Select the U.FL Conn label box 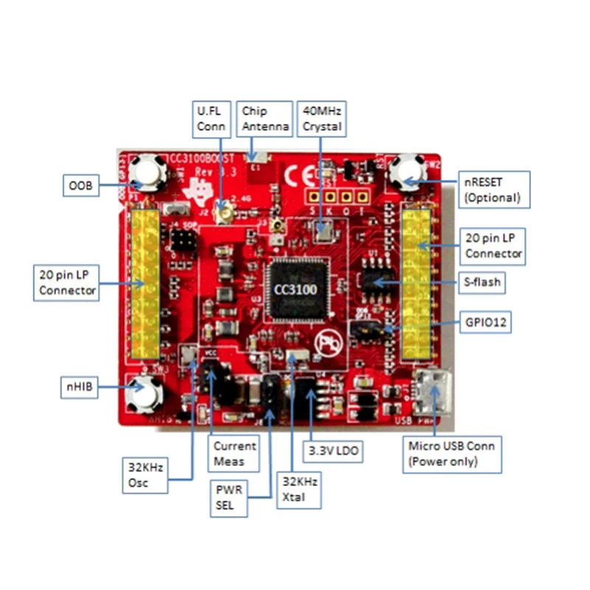click(x=209, y=119)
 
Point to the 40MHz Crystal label click(x=322, y=119)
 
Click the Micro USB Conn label click(x=451, y=454)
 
